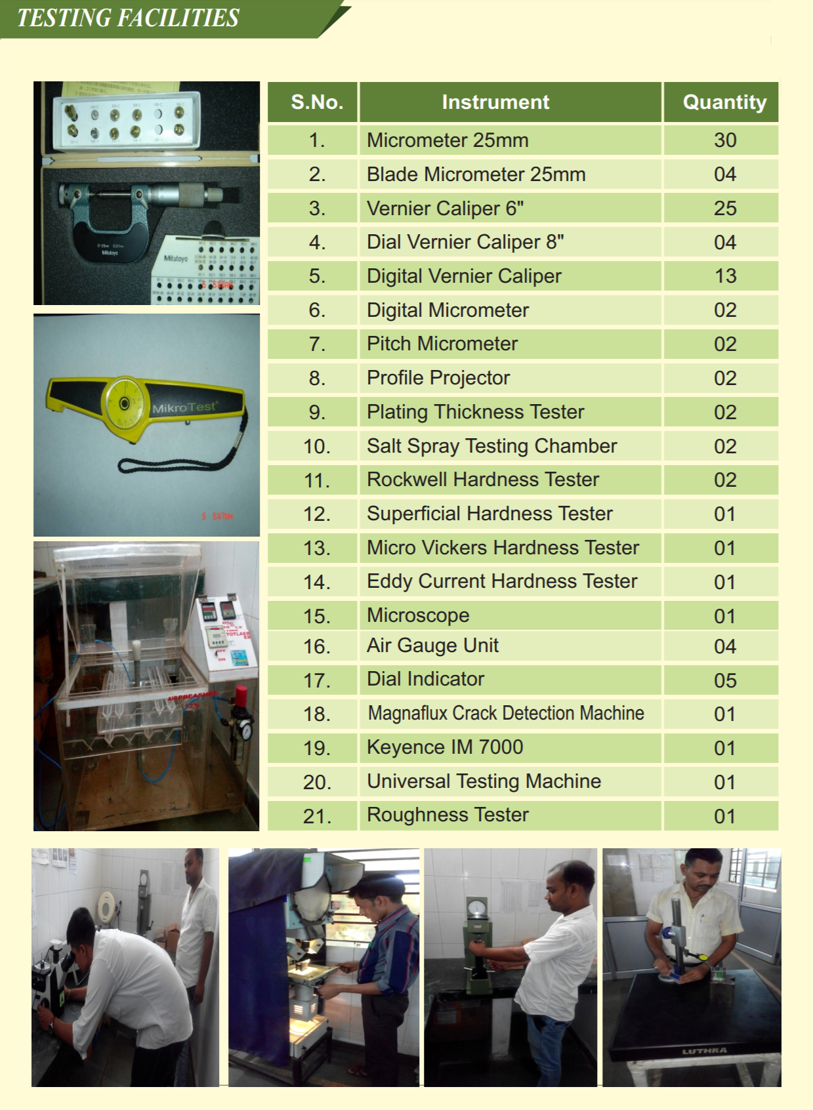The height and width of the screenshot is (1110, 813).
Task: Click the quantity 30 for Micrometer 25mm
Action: [x=725, y=140]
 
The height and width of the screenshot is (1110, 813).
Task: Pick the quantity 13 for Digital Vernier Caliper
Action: [x=725, y=276]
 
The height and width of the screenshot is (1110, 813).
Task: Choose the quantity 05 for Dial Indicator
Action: [x=725, y=680]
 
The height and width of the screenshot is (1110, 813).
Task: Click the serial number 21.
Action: [x=318, y=816]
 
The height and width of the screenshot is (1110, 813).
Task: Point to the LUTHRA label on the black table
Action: [x=705, y=1051]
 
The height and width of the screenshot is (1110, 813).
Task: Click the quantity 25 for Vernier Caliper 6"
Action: [x=725, y=208]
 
